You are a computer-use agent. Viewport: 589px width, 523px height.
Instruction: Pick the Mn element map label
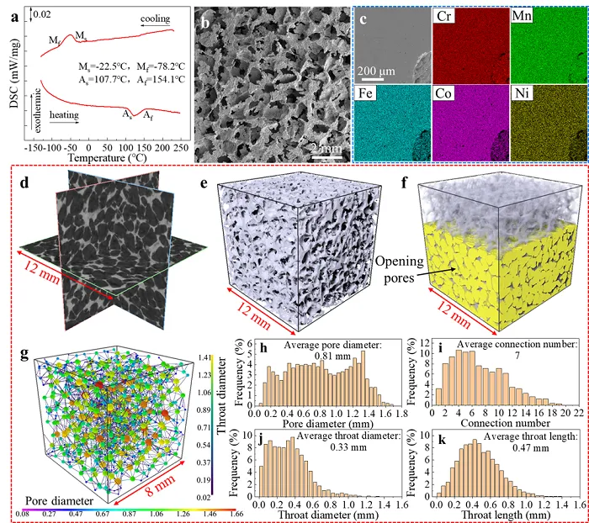tap(525, 16)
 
